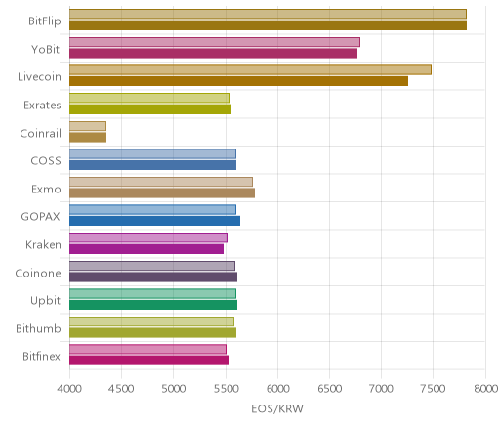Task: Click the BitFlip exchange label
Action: click(45, 21)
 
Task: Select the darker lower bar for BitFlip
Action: click(268, 25)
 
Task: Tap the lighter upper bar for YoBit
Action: click(215, 42)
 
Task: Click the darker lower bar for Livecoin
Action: click(238, 81)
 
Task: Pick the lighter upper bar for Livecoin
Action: click(250, 69)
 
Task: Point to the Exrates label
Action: click(42, 106)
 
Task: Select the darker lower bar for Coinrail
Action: click(88, 137)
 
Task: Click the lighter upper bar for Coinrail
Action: click(88, 126)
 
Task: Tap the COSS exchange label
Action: click(46, 161)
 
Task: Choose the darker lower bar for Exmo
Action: click(162, 192)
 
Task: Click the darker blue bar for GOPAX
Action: click(154, 221)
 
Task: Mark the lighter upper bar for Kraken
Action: click(148, 237)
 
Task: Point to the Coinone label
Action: click(38, 273)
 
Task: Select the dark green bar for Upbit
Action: click(153, 305)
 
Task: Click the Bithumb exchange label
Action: click(38, 328)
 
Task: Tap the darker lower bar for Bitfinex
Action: click(148, 361)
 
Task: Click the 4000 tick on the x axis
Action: click(69, 389)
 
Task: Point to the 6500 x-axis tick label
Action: click(329, 389)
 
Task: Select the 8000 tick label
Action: click(485, 389)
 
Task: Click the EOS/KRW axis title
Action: click(277, 408)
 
